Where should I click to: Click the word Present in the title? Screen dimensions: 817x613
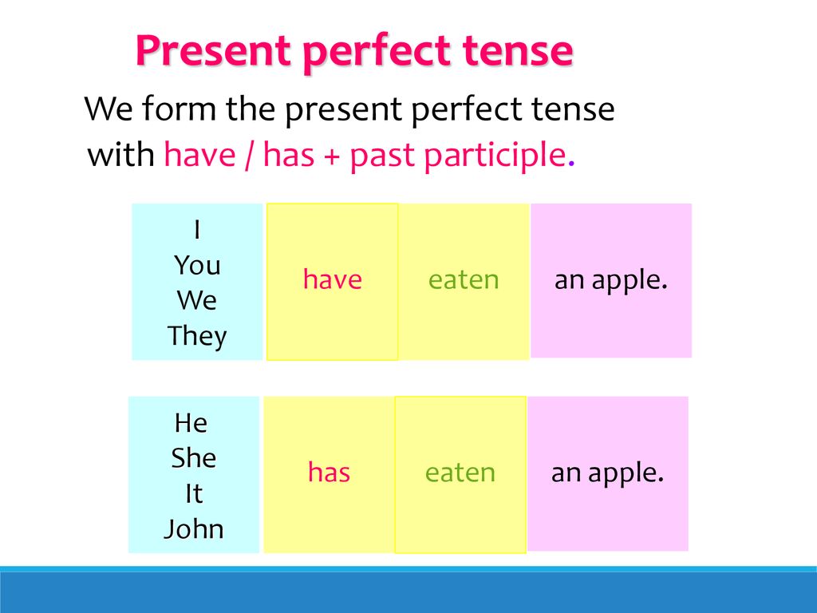click(212, 50)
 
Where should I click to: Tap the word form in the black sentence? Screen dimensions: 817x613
click(179, 109)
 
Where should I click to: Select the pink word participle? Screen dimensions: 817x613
click(495, 156)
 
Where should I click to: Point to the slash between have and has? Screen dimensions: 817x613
click(249, 156)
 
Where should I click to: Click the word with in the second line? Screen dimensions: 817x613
click(121, 155)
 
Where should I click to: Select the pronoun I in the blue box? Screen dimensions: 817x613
click(197, 229)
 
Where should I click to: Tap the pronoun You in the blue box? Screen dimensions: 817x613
click(197, 265)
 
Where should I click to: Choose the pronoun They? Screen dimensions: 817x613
click(197, 336)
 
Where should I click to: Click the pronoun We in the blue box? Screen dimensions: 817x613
click(196, 300)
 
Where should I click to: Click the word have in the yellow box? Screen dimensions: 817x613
click(333, 279)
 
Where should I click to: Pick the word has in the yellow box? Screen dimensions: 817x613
click(329, 473)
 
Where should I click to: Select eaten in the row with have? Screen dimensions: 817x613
click(464, 279)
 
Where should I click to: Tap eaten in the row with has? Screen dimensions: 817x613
click(460, 473)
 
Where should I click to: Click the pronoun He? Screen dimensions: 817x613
click(191, 423)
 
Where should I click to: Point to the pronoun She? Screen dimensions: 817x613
click(193, 458)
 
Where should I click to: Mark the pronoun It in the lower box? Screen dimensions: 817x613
click(194, 493)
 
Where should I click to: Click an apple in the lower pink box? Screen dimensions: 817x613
click(607, 473)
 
